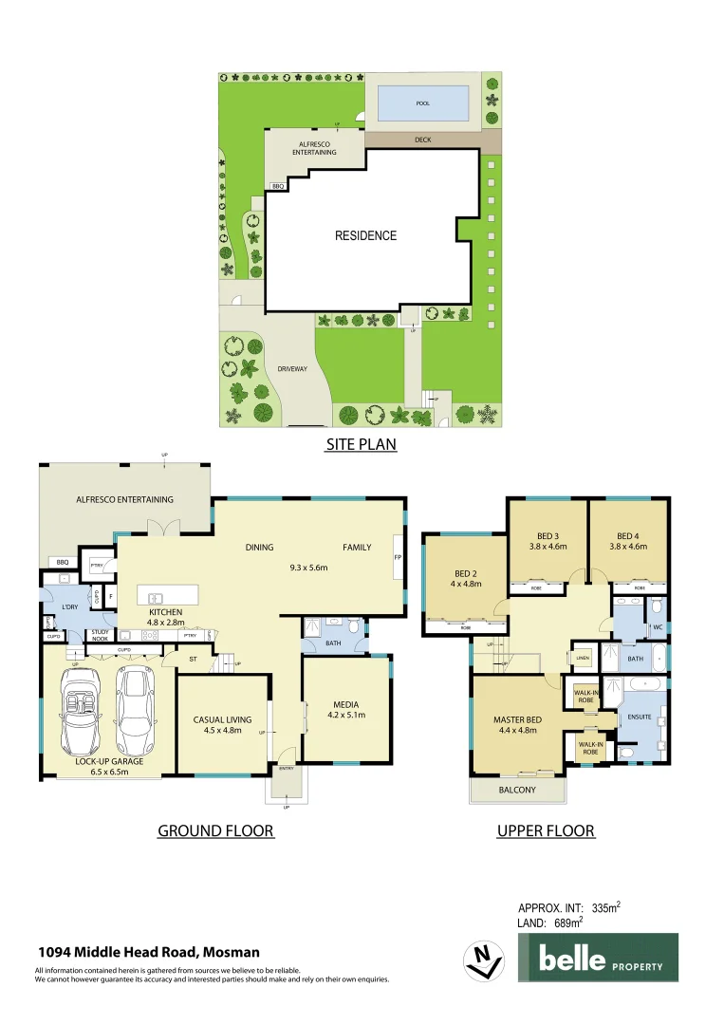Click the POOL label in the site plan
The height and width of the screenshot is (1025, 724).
point(423,102)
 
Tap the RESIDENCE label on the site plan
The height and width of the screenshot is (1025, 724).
point(365,235)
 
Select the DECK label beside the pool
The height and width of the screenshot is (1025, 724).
point(423,140)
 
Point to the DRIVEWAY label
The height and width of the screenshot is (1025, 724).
point(292,368)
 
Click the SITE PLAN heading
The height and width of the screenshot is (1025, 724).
point(361,443)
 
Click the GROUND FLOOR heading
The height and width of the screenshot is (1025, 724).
point(215,831)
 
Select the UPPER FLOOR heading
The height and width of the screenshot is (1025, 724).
point(546,831)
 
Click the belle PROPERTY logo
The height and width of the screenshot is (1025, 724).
point(598,958)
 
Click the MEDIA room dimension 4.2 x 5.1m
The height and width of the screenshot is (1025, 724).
point(346,716)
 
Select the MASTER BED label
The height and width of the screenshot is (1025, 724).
point(516,718)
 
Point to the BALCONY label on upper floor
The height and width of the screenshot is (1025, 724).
point(517,790)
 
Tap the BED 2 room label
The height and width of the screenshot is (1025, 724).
point(468,573)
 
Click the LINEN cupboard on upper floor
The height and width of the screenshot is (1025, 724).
point(582,658)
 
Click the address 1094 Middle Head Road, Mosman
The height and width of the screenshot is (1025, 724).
point(148,952)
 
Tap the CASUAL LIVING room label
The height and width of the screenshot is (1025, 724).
point(222,719)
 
